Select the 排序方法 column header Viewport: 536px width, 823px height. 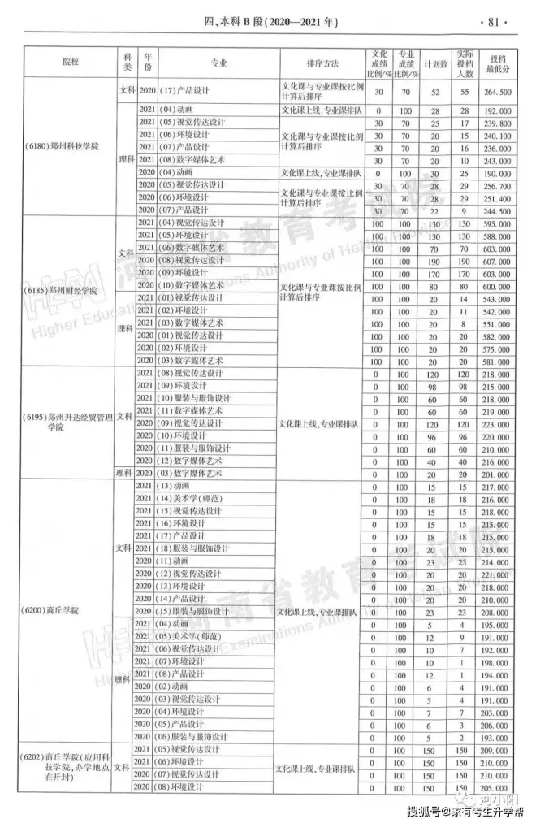317,62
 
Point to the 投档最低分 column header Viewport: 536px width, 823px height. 497,62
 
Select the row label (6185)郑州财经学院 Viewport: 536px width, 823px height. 62,289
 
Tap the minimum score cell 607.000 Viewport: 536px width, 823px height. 497,262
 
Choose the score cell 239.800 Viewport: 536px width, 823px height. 497,123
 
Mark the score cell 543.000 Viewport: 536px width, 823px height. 497,300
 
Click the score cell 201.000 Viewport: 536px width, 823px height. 497,474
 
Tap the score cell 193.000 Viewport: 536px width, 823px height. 497,737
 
